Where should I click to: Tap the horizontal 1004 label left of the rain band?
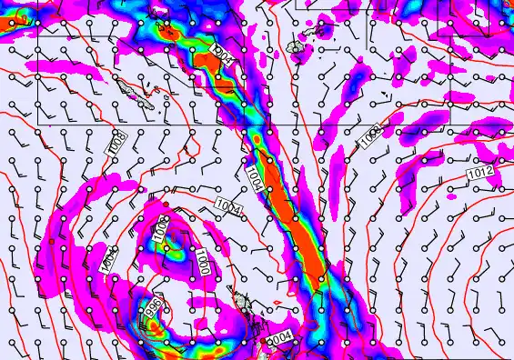pyautogui.click(x=229, y=210)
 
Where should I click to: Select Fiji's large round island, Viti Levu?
pyautogui.click(x=295, y=45)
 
